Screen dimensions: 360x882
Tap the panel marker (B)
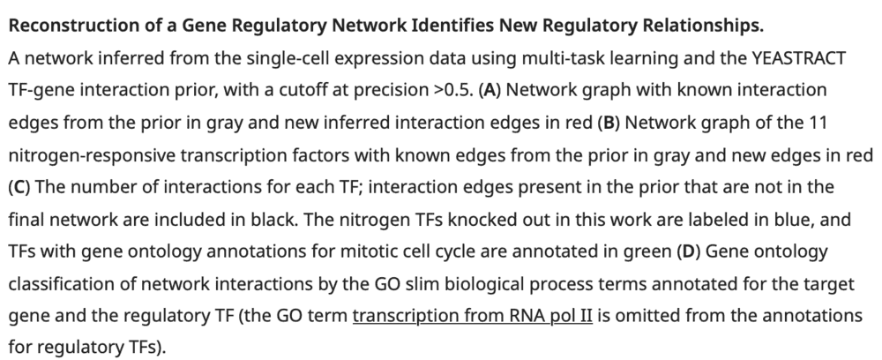pyautogui.click(x=607, y=122)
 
